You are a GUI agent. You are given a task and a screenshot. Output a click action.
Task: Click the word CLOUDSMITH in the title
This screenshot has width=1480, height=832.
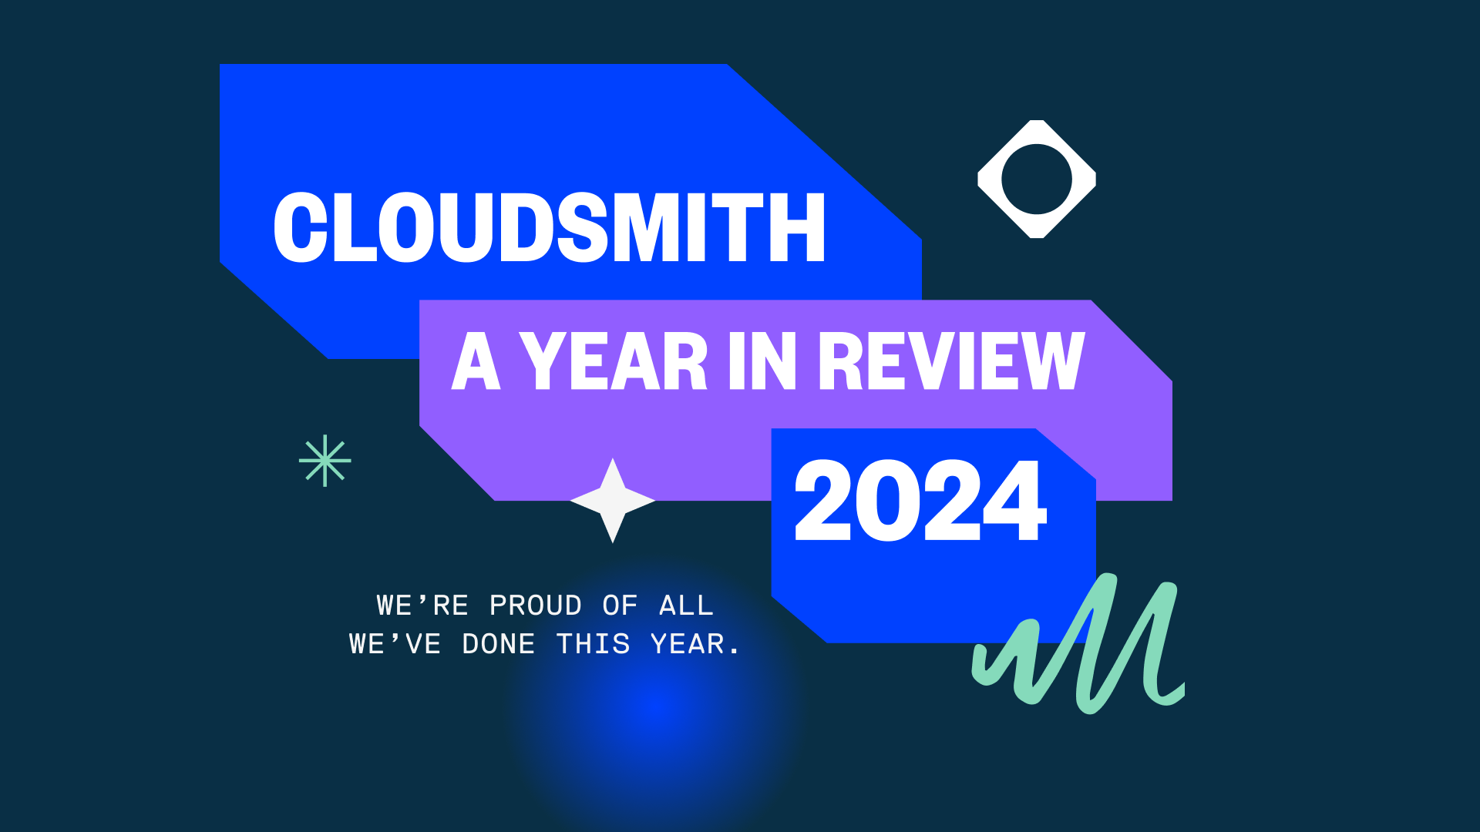[550, 227]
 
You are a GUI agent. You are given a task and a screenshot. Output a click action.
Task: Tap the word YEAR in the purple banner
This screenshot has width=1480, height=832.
[614, 361]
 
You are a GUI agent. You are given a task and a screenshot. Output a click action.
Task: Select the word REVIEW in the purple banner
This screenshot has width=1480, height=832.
[951, 361]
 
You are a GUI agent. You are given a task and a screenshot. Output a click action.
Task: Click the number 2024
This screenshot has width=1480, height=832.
[920, 501]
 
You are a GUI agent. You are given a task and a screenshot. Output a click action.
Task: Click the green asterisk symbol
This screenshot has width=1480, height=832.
[325, 461]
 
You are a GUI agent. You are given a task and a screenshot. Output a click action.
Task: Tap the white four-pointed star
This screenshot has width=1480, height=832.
[613, 501]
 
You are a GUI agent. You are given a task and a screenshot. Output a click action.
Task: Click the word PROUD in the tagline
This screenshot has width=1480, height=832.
[536, 606]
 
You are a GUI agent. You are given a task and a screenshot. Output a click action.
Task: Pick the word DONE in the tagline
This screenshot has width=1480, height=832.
[499, 644]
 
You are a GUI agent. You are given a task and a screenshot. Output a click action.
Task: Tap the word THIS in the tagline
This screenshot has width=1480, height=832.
[594, 644]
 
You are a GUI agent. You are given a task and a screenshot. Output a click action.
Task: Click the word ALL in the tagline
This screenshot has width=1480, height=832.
[687, 606]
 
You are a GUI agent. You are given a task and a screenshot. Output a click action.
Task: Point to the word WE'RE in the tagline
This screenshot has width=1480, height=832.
[422, 606]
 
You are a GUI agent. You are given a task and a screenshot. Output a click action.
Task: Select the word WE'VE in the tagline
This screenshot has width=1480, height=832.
[395, 644]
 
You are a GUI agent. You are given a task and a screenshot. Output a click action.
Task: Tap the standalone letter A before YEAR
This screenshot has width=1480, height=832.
[476, 361]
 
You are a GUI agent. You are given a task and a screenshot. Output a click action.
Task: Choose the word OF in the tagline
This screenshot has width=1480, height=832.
[621, 606]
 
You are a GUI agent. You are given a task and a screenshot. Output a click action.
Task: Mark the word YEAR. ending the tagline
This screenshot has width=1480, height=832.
[695, 644]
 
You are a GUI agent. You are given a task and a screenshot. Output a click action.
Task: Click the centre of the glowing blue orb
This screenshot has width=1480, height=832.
[655, 705]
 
